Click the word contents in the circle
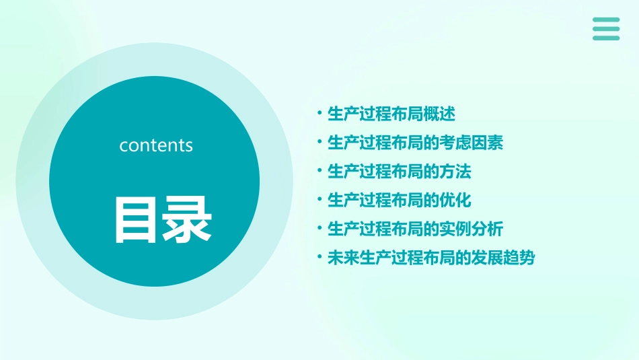(156, 145)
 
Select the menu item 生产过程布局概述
(391, 114)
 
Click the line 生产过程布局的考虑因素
(415, 143)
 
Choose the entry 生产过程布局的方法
(399, 172)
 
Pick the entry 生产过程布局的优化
(399, 201)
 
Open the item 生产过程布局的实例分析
(415, 229)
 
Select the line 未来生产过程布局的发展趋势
(430, 258)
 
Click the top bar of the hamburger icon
(606, 20)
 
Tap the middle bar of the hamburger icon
(606, 29)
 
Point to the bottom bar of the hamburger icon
(606, 38)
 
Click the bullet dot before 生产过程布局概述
(320, 114)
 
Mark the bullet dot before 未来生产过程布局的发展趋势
(320, 258)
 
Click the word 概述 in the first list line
(439, 114)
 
